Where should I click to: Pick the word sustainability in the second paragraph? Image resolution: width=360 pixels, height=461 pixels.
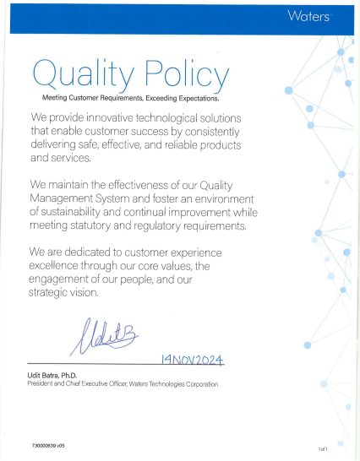[x=78, y=214]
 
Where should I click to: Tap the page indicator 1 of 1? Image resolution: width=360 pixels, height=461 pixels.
[x=322, y=449]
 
